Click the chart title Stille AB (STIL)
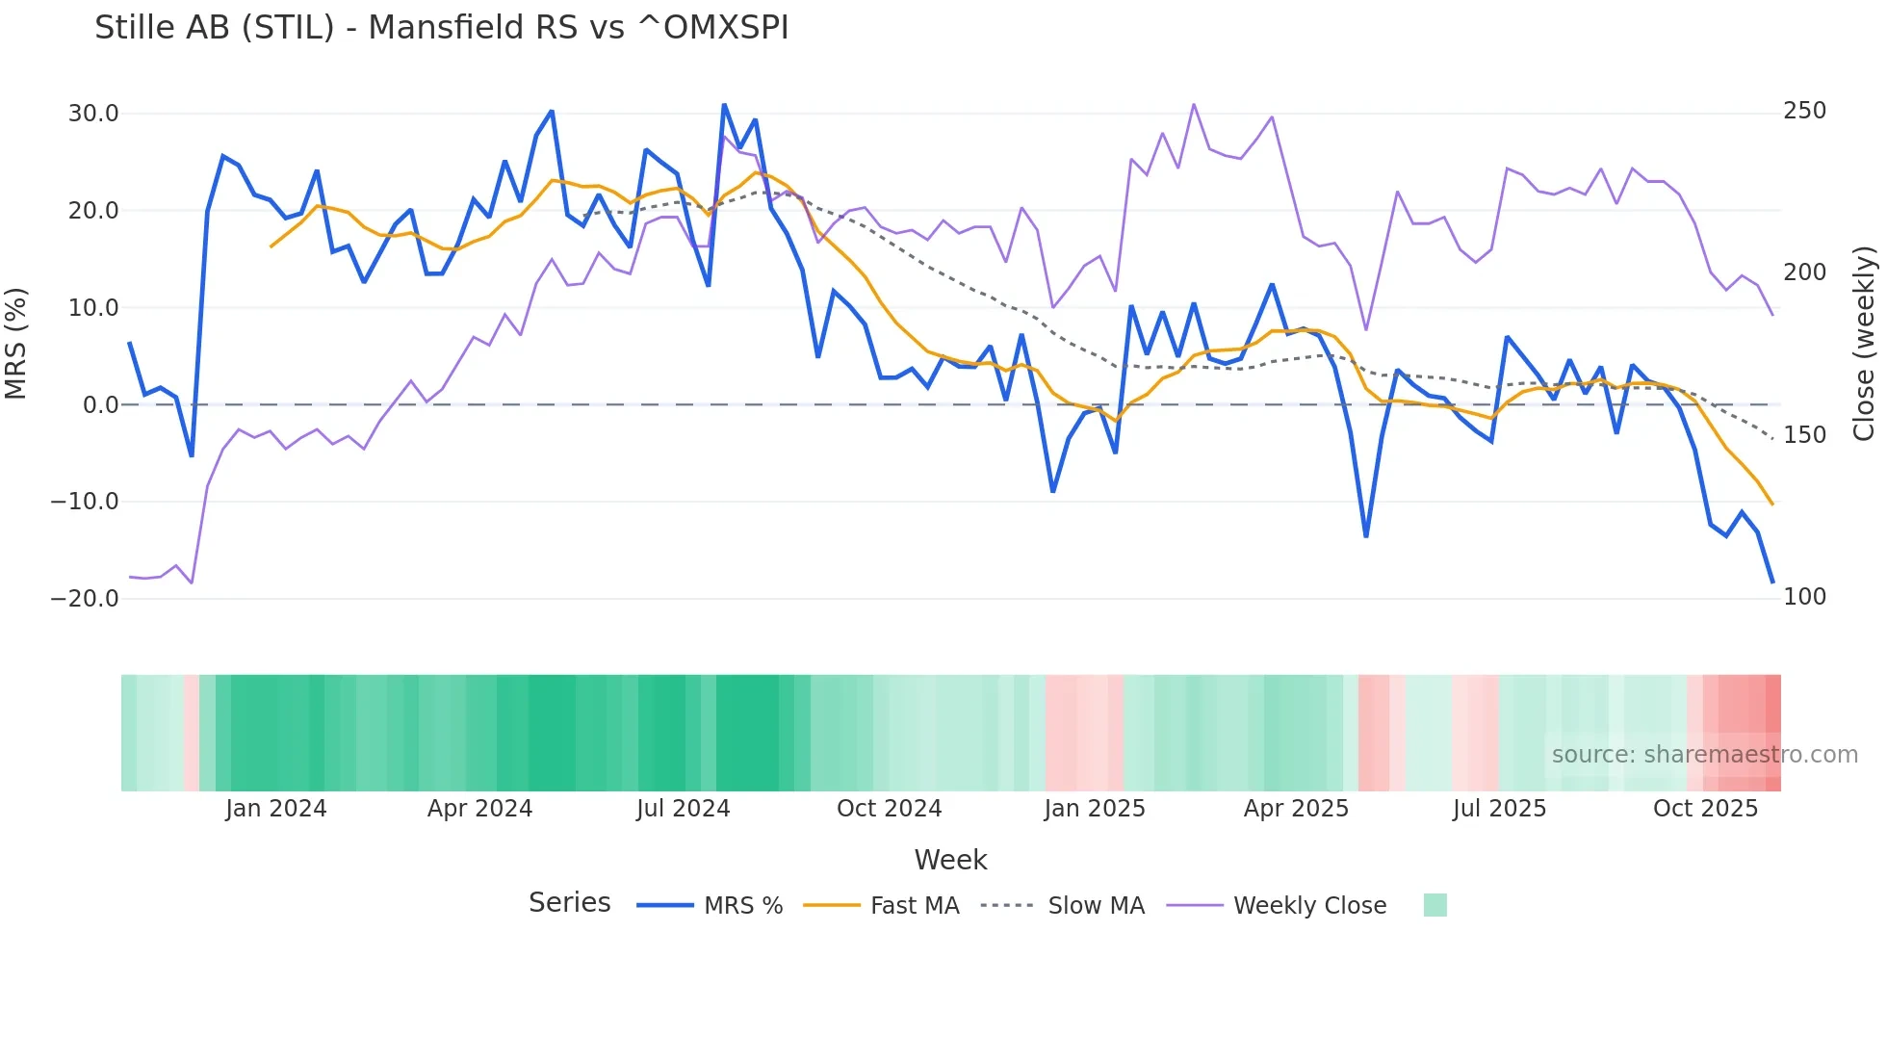(441, 28)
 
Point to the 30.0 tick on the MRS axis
(93, 114)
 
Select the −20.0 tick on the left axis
(85, 598)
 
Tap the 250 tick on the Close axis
(1804, 111)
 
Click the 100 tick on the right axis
(1804, 597)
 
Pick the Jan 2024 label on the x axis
(276, 809)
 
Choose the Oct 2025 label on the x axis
(1705, 809)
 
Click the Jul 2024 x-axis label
(683, 809)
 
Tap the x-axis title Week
(950, 860)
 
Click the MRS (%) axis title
(16, 343)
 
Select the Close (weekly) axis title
(1864, 343)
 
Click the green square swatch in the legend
(1435, 905)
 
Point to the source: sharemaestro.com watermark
(1704, 755)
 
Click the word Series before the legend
(569, 903)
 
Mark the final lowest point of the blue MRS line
(1771, 582)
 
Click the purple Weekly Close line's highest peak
(1194, 105)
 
